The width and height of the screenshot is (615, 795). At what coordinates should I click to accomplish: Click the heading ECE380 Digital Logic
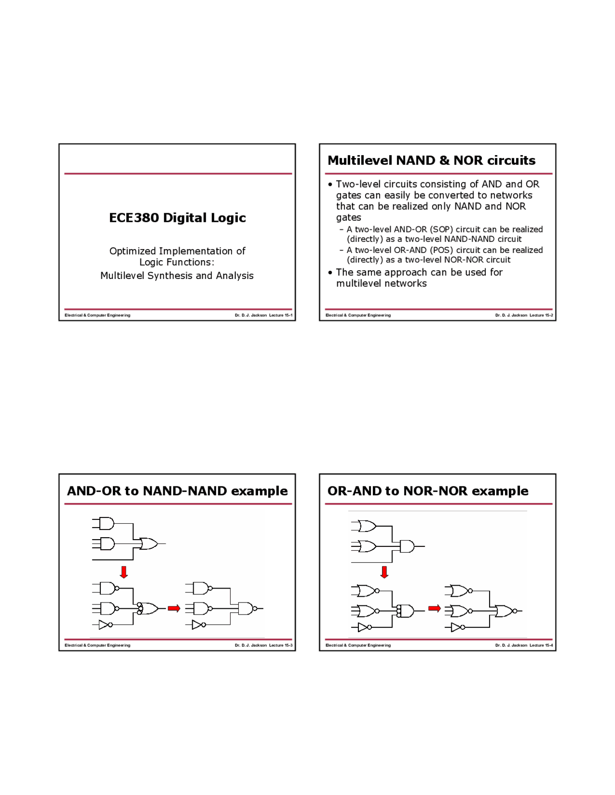tap(177, 218)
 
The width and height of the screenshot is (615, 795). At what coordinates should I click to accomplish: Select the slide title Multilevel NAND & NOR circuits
tap(431, 160)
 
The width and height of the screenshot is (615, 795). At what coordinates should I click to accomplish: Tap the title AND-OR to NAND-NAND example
tap(177, 491)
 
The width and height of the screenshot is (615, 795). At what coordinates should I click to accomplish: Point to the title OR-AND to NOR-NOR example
tap(428, 491)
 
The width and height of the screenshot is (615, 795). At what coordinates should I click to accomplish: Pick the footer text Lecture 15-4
tap(541, 645)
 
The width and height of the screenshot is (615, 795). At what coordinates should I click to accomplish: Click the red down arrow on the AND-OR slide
tap(124, 572)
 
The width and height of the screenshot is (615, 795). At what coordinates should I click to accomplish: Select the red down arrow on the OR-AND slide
tap(384, 572)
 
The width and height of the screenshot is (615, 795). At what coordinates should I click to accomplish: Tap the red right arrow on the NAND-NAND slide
tap(173, 609)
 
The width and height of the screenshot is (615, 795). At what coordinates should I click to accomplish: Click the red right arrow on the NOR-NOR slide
tap(434, 609)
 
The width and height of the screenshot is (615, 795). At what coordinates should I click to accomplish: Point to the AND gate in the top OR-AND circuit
tap(407, 546)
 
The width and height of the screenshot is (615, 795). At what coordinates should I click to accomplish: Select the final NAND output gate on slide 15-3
tap(247, 609)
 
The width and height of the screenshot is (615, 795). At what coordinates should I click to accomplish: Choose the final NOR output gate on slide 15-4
tap(505, 611)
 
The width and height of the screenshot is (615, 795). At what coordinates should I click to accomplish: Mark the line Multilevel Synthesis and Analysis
tap(177, 276)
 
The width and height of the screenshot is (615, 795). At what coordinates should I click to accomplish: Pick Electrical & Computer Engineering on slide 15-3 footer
tap(98, 645)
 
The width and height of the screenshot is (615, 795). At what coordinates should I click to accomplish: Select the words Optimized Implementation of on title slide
tap(177, 251)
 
